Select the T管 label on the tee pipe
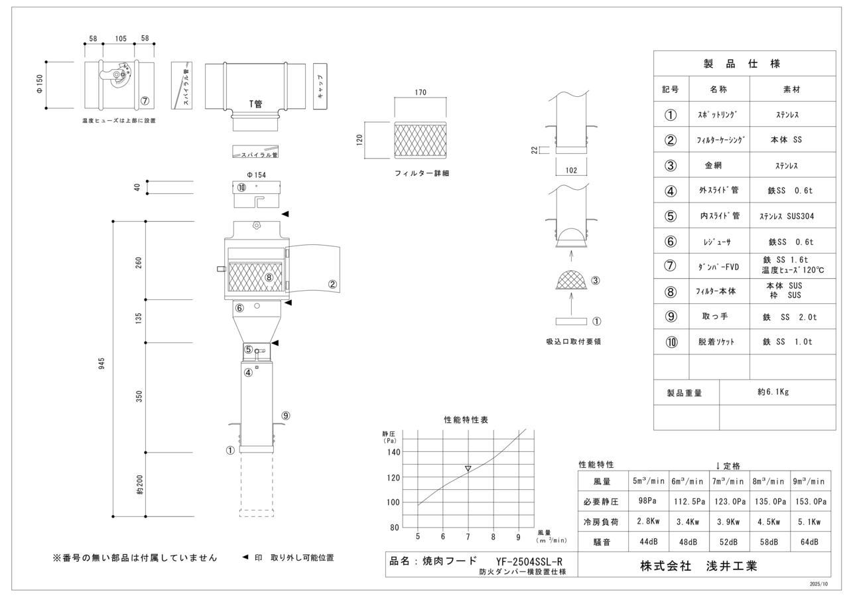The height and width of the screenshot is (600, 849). click(x=255, y=104)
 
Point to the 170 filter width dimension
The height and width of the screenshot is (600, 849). click(x=421, y=92)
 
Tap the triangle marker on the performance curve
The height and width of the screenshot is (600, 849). click(x=468, y=469)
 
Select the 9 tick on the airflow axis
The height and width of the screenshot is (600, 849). click(x=518, y=536)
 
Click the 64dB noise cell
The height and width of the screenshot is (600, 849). click(x=809, y=542)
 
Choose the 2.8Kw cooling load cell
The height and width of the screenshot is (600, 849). click(x=648, y=522)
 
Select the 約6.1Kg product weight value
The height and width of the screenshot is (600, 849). click(x=773, y=392)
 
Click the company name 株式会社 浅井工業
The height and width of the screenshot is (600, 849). click(x=698, y=565)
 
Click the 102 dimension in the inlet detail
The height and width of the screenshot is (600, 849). click(x=570, y=170)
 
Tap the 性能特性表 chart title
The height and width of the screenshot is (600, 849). click(x=466, y=419)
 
